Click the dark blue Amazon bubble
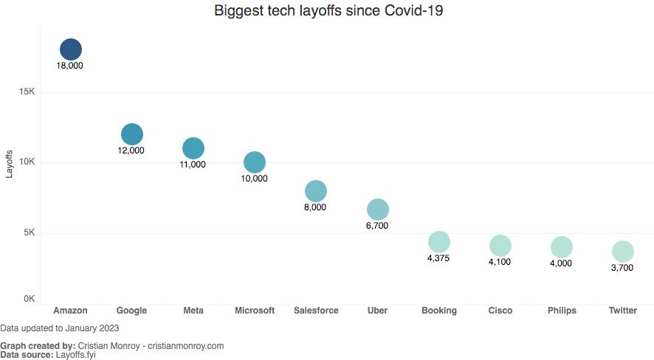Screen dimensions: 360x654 [70, 49]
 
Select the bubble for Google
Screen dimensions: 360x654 [131, 134]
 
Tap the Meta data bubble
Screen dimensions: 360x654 [193, 148]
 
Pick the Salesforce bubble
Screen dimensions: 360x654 [315, 191]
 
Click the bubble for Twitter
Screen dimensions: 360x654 [622, 252]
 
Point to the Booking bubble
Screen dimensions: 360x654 [438, 242]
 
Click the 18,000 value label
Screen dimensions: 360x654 [70, 66]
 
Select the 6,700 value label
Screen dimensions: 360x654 [376, 226]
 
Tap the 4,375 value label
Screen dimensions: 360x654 [438, 258]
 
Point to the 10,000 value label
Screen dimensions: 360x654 [254, 179]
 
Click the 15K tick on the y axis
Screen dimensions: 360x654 [27, 91]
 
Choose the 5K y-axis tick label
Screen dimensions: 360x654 [30, 232]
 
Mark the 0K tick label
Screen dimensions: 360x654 [30, 299]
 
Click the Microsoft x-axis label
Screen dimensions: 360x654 [254, 311]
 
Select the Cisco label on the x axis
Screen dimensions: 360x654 [500, 311]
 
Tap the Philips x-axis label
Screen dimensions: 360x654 [561, 311]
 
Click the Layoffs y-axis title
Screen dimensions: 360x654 [10, 164]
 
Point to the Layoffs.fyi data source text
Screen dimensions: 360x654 [75, 355]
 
